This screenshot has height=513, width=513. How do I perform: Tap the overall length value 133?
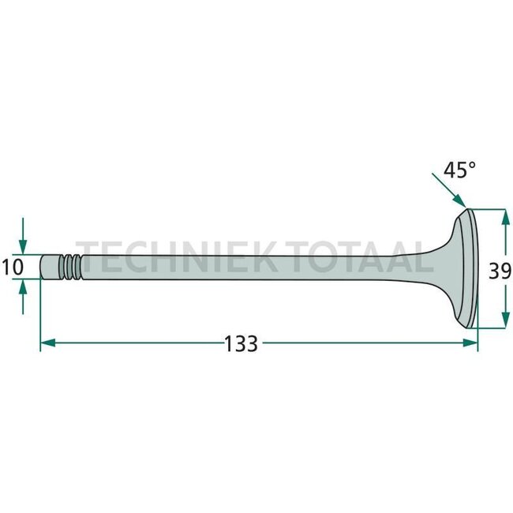[241, 344]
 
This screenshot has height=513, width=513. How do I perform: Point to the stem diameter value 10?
[13, 267]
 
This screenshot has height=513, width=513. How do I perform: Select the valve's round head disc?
[470, 268]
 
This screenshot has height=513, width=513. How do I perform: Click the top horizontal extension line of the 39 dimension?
[489, 209]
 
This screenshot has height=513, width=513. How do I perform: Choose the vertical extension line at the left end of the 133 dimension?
[39, 316]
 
